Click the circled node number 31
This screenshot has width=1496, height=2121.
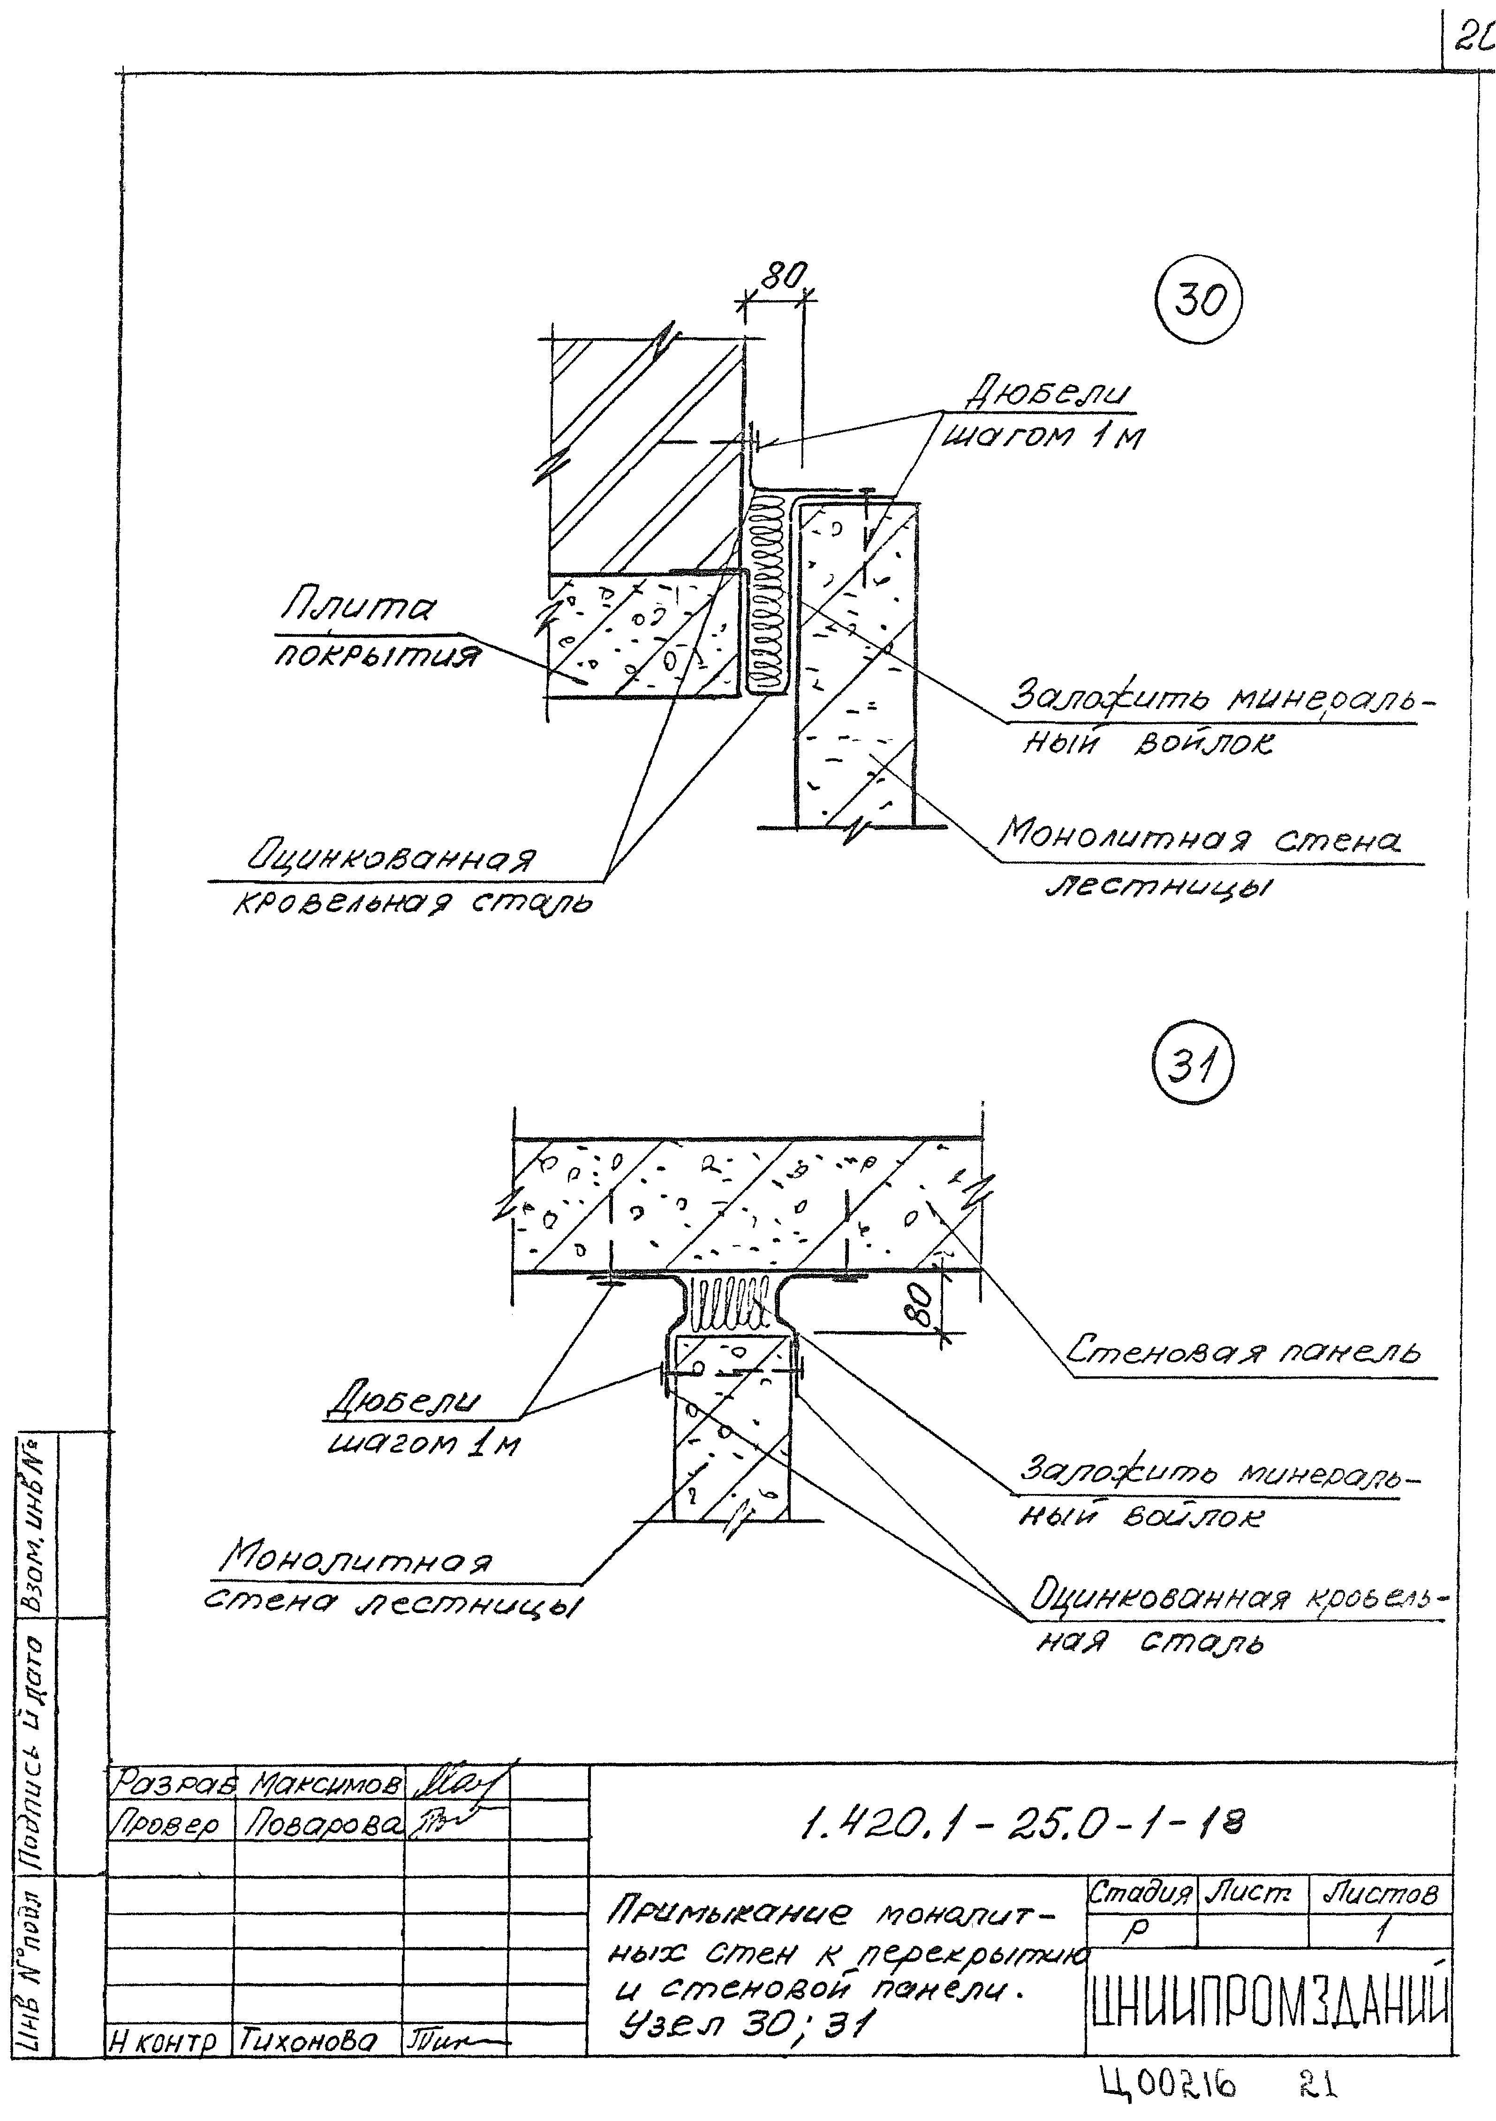click(1192, 1070)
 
